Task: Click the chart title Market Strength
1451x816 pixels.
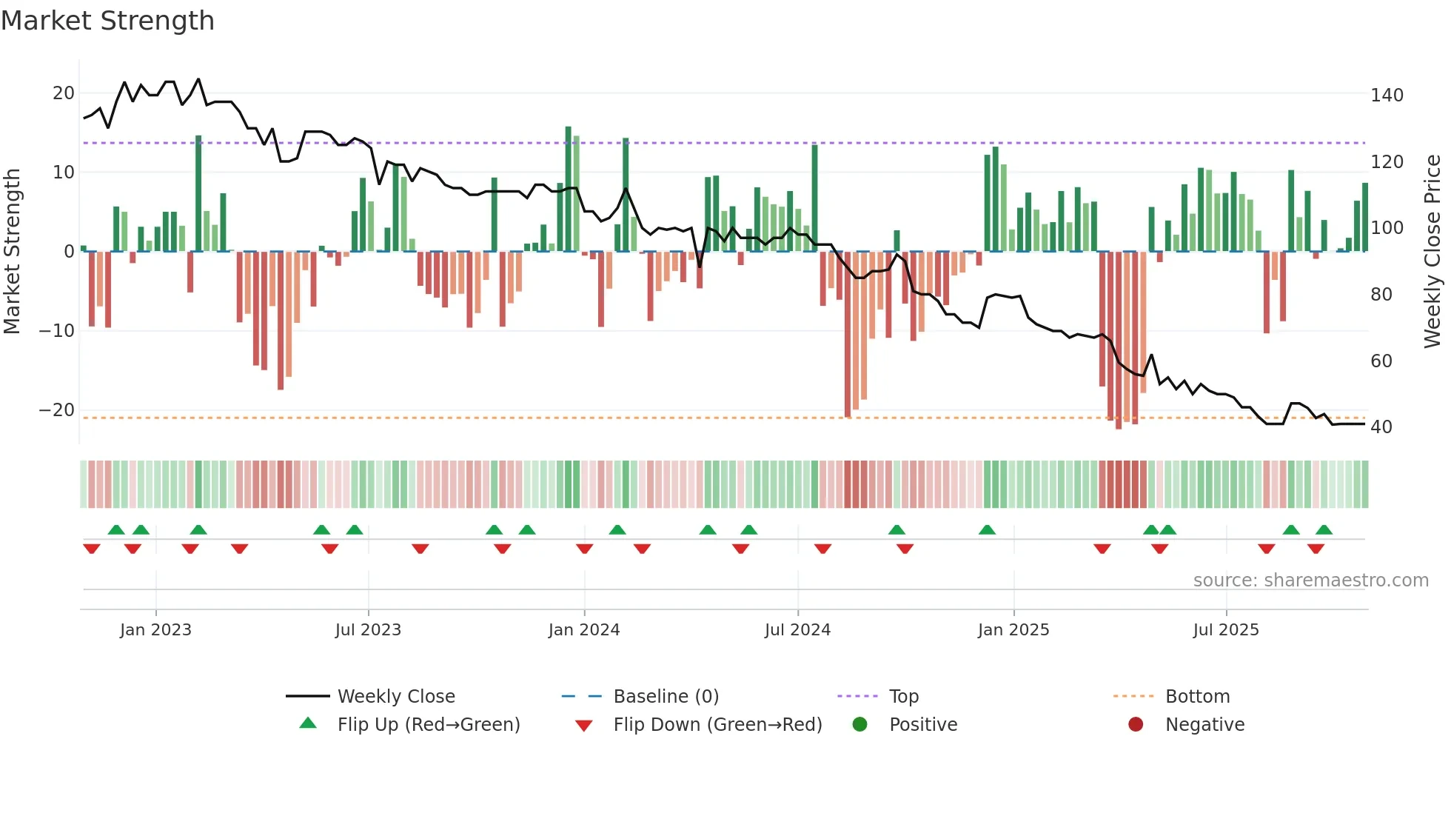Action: pos(107,21)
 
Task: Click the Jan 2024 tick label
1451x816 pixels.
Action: pos(583,630)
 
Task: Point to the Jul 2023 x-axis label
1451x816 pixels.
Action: pos(368,630)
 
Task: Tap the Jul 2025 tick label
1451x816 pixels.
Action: pos(1225,630)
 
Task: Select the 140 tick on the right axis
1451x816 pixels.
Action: pos(1386,96)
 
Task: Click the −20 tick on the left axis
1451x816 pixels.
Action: pos(57,410)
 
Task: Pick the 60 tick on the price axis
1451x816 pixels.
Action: pos(1381,361)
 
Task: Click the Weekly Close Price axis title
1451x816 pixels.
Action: pos(1432,252)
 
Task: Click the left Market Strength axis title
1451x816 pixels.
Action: pos(12,252)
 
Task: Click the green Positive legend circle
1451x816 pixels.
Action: pos(859,725)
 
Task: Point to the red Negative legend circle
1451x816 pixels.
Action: pos(1136,725)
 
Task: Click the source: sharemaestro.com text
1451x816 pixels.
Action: pos(1310,581)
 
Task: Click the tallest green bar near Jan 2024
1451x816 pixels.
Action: pos(569,189)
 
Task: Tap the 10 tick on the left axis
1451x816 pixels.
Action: pos(63,173)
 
